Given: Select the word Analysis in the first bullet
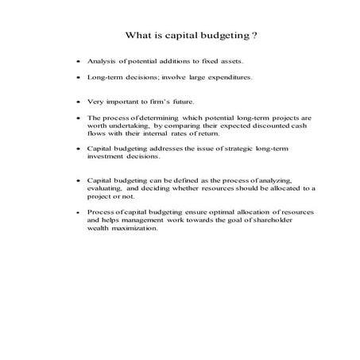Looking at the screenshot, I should (103, 60).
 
